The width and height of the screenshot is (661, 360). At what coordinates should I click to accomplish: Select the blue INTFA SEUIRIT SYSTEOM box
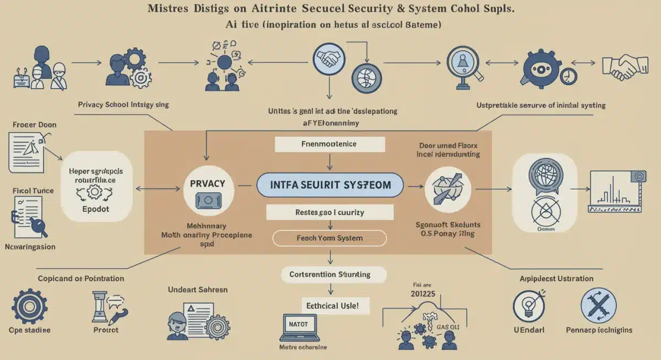(x=329, y=185)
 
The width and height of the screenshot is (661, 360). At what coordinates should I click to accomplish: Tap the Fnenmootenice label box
(x=329, y=144)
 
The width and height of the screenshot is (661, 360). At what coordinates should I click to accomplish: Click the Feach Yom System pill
(x=329, y=238)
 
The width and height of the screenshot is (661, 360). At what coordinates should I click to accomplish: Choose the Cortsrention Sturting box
(x=329, y=274)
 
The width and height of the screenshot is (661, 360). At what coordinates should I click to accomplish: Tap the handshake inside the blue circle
(x=328, y=57)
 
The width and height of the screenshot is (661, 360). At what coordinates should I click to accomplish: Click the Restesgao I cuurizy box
(x=329, y=212)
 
